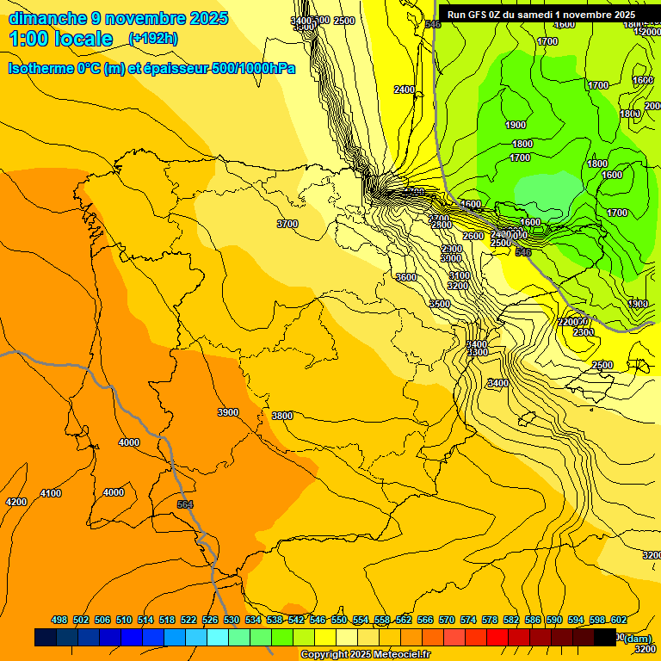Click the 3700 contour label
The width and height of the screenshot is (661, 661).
287,224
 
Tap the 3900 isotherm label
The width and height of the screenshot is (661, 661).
228,412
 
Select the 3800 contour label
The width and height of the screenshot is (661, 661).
282,416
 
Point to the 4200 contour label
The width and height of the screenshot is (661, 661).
16,502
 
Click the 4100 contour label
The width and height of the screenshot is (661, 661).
51,493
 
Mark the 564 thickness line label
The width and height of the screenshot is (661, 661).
185,504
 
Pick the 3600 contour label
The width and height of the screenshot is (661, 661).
406,277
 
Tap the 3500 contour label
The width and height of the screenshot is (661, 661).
440,304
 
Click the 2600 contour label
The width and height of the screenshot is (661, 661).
473,236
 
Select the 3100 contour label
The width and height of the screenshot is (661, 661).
459,275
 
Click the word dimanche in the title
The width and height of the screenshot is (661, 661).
47,18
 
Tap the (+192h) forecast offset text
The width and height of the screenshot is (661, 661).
152,39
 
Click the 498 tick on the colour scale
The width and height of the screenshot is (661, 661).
59,620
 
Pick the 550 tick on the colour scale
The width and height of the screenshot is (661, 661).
339,620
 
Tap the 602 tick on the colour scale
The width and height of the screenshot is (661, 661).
619,620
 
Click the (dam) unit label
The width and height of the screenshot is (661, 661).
638,638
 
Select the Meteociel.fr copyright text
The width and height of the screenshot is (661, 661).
395,655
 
